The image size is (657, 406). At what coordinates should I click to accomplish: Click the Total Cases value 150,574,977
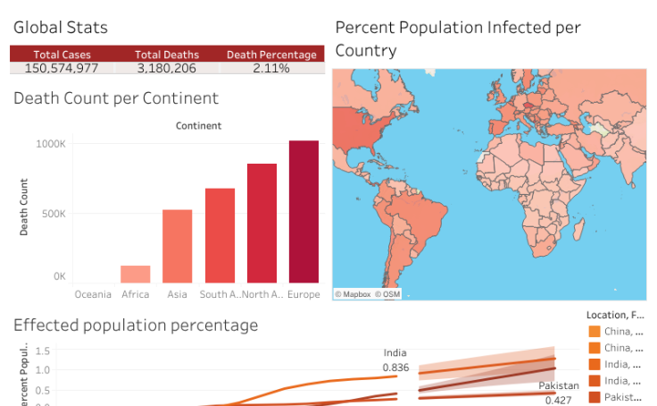pyautogui.click(x=62, y=68)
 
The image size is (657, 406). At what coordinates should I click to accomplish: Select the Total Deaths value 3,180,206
pyautogui.click(x=166, y=68)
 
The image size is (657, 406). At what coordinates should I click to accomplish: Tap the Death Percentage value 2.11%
pyautogui.click(x=270, y=68)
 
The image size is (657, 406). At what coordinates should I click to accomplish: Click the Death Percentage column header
pyautogui.click(x=270, y=55)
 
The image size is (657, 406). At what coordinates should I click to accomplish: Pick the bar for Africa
pyautogui.click(x=136, y=274)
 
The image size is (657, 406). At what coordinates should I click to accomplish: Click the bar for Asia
pyautogui.click(x=177, y=246)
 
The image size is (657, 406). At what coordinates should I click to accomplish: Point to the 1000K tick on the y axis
pyautogui.click(x=51, y=143)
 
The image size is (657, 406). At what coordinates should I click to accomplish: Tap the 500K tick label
pyautogui.click(x=53, y=214)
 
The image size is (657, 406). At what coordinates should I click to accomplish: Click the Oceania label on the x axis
pyautogui.click(x=93, y=294)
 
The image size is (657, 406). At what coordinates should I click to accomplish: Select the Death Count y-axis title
pyautogui.click(x=24, y=207)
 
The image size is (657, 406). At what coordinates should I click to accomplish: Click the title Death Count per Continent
pyautogui.click(x=116, y=98)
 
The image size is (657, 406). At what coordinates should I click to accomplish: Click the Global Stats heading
pyautogui.click(x=61, y=29)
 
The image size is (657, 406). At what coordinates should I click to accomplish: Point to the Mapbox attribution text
pyautogui.click(x=353, y=293)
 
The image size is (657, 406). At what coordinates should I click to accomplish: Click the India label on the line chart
pyautogui.click(x=395, y=353)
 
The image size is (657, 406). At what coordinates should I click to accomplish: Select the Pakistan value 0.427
pyautogui.click(x=559, y=401)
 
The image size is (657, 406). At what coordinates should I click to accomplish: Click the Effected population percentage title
pyautogui.click(x=136, y=326)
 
